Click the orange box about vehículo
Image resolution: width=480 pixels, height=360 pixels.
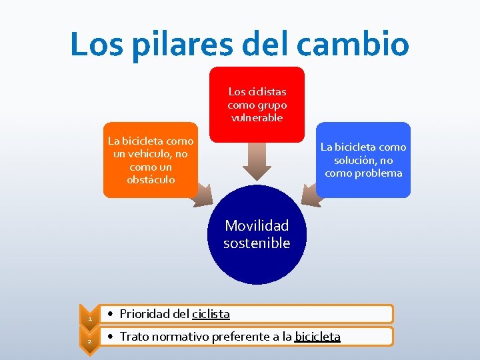click(151, 160)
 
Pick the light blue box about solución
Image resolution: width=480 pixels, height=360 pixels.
click(363, 160)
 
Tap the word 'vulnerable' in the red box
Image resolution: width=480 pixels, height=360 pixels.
click(257, 118)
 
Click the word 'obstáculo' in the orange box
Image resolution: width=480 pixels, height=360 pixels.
click(151, 180)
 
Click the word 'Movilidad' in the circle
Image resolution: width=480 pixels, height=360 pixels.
click(257, 226)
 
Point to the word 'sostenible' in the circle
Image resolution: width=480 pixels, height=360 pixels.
click(257, 243)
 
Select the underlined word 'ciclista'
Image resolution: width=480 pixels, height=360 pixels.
click(211, 313)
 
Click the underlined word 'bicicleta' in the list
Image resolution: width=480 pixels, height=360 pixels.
click(317, 337)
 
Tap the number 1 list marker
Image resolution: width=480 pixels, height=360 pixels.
click(89, 319)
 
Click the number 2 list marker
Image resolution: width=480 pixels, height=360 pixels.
click(89, 341)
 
